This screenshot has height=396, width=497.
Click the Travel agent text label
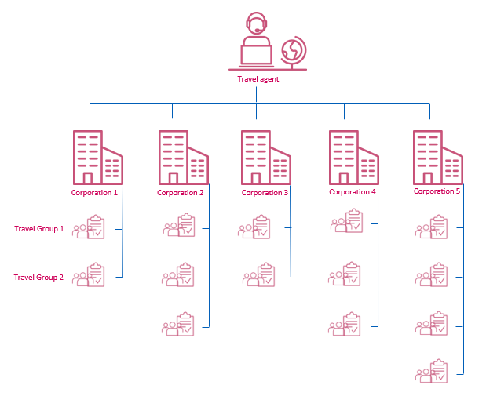(258, 78)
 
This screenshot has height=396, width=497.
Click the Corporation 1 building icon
(97, 157)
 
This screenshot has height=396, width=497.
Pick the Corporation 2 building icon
(183, 157)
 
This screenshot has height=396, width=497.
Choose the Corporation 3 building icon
(265, 157)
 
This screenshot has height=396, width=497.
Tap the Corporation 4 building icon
(353, 157)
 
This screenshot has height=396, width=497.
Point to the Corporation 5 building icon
(437, 157)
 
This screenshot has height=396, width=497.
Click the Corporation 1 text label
(94, 192)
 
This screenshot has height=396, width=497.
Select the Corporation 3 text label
(265, 192)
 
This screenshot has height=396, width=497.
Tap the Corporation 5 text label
(437, 191)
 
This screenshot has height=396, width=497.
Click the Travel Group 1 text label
(39, 229)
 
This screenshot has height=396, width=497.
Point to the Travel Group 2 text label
(39, 277)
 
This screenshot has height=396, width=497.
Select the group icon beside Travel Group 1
(89, 228)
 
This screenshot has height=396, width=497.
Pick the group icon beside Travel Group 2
(89, 276)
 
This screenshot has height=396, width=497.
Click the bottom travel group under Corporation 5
(432, 371)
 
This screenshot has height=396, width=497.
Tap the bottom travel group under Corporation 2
(179, 325)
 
